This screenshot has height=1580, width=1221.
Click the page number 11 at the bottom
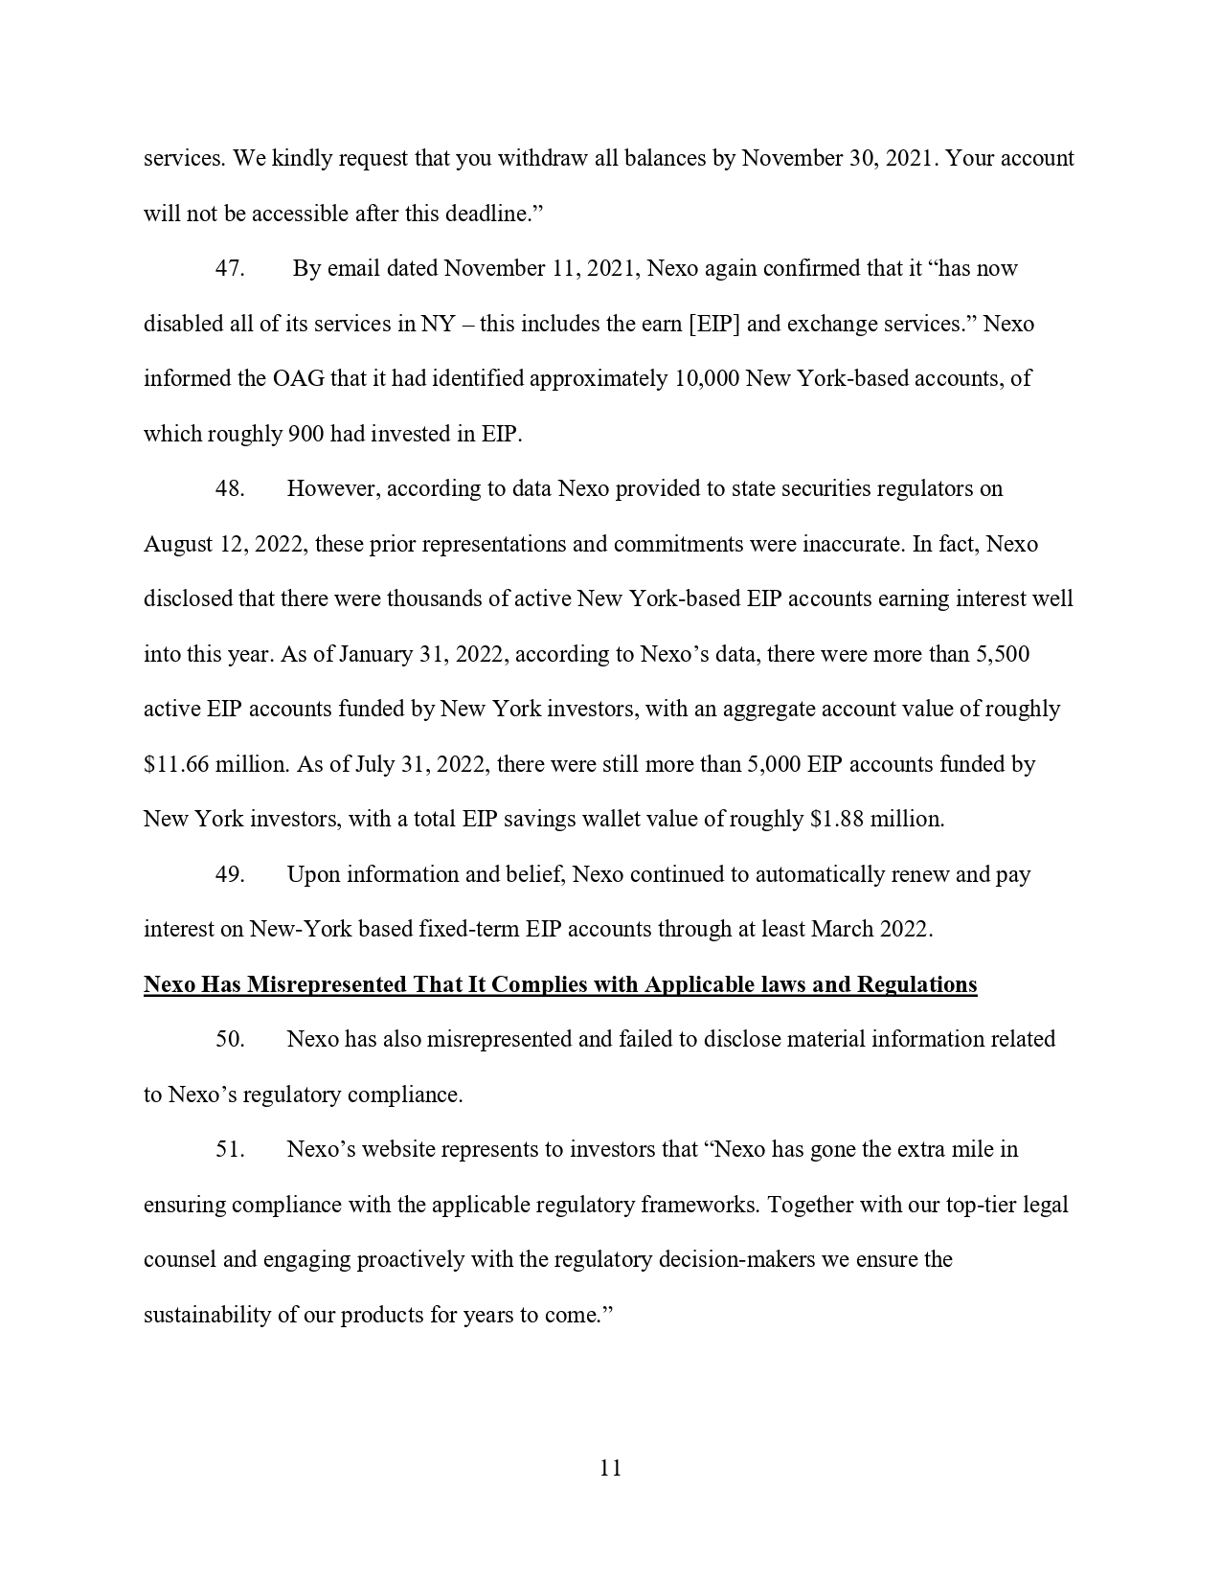pyautogui.click(x=610, y=1468)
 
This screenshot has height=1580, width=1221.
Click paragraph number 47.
pyautogui.click(x=230, y=268)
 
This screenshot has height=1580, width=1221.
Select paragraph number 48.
pyautogui.click(x=230, y=488)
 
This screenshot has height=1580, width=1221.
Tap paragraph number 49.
pyautogui.click(x=230, y=874)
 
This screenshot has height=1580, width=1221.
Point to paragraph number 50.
pyautogui.click(x=230, y=1039)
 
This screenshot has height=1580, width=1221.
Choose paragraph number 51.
pyautogui.click(x=230, y=1149)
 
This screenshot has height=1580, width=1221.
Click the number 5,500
pyautogui.click(x=1001, y=654)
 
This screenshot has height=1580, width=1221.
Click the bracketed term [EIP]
pyautogui.click(x=714, y=324)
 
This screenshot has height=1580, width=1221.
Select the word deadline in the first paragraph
pyautogui.click(x=485, y=214)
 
